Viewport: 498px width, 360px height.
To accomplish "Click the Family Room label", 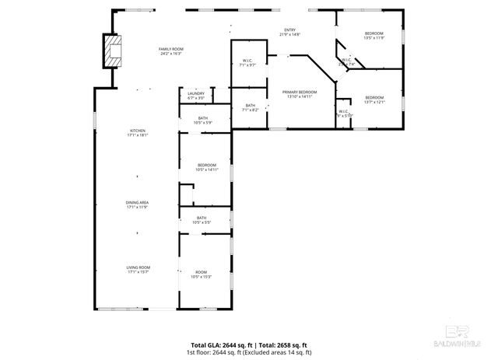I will point(170,51).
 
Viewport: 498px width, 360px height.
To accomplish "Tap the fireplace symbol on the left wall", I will point(114,51).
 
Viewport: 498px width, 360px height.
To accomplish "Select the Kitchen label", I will point(138,132).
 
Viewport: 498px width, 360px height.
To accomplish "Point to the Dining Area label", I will point(138,204).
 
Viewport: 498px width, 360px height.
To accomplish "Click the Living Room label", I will point(138,269).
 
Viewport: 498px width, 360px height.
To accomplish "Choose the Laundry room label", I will point(196,96).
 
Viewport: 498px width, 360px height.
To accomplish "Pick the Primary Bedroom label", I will point(299,94).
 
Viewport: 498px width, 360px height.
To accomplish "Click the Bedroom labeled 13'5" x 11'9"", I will point(375,35).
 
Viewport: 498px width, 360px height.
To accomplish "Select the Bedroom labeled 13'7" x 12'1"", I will point(375,100).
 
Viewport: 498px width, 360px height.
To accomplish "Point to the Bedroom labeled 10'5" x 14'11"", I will point(207,167).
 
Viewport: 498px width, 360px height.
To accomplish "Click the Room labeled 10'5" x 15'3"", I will point(202,274).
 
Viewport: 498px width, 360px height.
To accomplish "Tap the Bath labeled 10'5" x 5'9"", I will point(202,120).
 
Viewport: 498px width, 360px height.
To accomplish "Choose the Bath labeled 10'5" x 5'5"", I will point(202,220).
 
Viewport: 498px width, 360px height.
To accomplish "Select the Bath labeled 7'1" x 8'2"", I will point(250,107).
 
